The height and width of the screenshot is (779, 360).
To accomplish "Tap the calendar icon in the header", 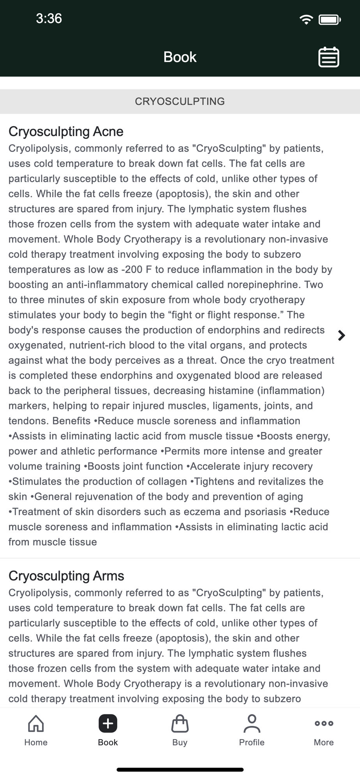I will [329, 57].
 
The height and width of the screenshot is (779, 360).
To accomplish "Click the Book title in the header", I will [180, 57].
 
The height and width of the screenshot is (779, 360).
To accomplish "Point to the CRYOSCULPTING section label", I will [180, 101].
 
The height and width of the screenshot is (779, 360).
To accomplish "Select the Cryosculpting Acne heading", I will [66, 132].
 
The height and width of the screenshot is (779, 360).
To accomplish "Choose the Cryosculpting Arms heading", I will [66, 576].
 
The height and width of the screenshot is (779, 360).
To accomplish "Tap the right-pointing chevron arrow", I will [341, 335].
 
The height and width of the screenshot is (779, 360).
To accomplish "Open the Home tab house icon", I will [36, 723].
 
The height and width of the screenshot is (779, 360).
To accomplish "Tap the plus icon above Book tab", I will [108, 723].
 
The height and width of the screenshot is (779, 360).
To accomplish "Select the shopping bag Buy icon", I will [180, 723].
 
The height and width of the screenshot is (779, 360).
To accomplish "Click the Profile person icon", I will [252, 723].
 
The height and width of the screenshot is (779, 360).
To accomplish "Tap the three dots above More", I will [324, 723].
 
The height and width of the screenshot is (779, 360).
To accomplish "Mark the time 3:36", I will [49, 19].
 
